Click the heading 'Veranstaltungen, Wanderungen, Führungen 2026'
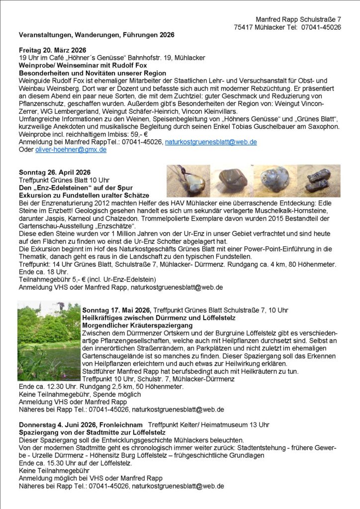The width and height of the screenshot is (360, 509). [96, 35]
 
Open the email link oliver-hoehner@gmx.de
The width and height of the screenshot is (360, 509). [71, 149]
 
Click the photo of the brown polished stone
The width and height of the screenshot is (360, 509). [231, 181]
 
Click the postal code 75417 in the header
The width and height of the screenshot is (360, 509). [245, 27]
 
